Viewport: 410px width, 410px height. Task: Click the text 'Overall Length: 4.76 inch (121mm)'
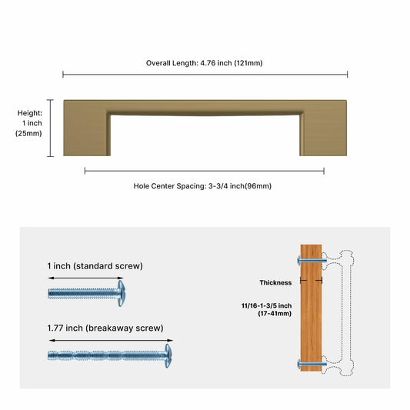[205, 62]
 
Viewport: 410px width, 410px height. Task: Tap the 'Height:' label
[30, 113]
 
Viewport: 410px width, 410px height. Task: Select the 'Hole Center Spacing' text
[202, 185]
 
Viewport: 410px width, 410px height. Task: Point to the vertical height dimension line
[52, 128]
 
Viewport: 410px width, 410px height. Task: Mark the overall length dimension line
[205, 75]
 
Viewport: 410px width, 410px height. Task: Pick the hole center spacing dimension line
[204, 171]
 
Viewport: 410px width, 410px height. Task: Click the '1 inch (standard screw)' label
[95, 266]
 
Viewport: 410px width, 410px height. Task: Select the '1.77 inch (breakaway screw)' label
[105, 328]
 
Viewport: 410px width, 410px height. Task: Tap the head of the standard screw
[120, 292]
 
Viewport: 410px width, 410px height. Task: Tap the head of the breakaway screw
[167, 355]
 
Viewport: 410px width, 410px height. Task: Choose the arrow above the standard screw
[85, 278]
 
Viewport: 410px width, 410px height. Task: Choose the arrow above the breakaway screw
[110, 340]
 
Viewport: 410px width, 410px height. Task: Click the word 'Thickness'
[275, 282]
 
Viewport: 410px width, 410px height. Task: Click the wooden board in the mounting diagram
[312, 308]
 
